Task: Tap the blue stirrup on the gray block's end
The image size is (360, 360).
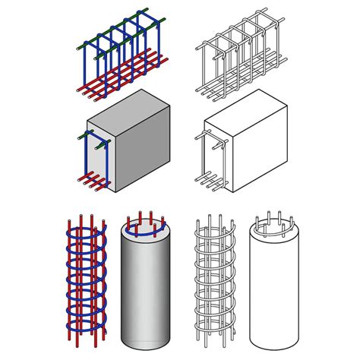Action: point(84,159)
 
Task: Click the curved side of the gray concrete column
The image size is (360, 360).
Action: point(144,289)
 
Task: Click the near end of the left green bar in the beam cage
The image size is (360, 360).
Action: point(78,47)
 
